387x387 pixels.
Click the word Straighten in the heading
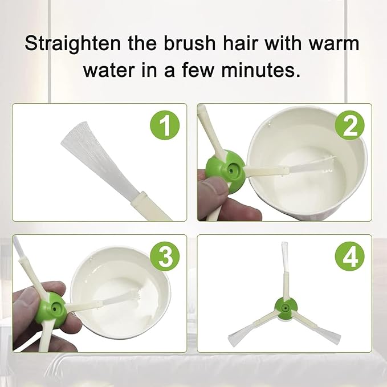click(72, 44)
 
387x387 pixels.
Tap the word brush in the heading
click(189, 43)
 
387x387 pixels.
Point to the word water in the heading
click(109, 70)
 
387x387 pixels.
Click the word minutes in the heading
click(261, 70)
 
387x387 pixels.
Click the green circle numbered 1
click(165, 125)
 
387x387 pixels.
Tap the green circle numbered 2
click(350, 125)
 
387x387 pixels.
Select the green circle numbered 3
click(165, 256)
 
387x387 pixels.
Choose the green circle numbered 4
click(350, 256)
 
